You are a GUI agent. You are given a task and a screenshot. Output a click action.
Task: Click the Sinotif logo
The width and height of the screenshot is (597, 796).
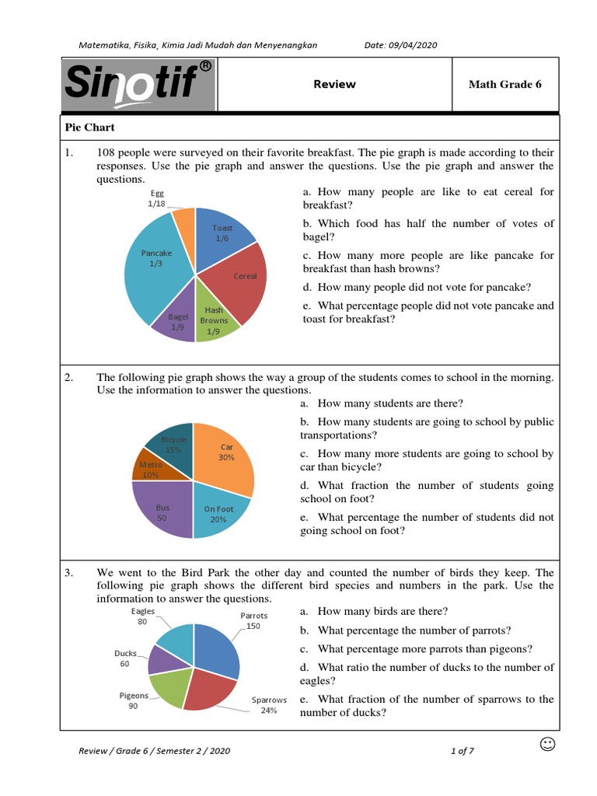click(138, 84)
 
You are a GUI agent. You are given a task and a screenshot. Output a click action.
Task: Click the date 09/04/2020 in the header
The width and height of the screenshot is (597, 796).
click(400, 45)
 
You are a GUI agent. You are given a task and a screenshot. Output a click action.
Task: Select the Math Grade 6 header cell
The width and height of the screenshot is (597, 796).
click(504, 84)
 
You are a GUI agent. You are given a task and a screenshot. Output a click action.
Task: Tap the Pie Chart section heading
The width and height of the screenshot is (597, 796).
click(90, 127)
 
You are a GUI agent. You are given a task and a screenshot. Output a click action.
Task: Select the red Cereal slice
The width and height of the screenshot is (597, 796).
click(241, 284)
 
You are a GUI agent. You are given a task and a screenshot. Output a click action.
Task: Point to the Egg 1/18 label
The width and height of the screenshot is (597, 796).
click(156, 198)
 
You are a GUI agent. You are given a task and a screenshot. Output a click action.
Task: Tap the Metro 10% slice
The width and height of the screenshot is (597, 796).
click(151, 468)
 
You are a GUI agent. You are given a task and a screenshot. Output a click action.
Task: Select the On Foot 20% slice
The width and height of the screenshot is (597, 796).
click(219, 513)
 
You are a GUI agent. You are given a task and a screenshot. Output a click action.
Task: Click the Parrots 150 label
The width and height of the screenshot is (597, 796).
click(253, 620)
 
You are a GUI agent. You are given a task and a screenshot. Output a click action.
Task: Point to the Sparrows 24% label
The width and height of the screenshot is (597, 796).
click(269, 704)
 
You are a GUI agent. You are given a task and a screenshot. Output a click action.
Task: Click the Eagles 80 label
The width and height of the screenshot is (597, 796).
click(143, 616)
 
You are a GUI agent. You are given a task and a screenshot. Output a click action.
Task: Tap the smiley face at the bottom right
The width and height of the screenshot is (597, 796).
click(547, 745)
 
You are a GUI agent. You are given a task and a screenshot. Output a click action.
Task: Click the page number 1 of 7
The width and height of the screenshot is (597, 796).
click(462, 751)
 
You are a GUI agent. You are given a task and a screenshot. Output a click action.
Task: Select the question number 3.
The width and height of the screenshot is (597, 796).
click(68, 573)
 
